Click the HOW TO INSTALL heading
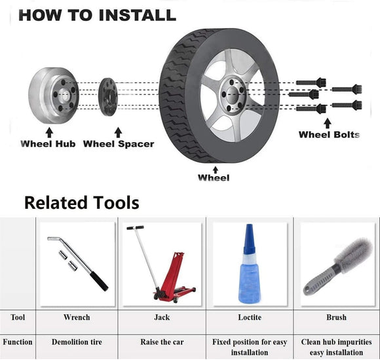[97, 14]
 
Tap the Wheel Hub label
[48, 143]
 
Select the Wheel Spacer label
[119, 143]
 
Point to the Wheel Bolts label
[329, 134]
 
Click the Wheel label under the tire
[214, 177]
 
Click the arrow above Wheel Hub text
[48, 132]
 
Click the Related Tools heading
[81, 202]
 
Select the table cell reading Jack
[161, 317]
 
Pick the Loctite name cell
[249, 317]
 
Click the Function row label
[17, 342]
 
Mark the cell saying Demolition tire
[77, 342]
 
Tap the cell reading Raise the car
[161, 342]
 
